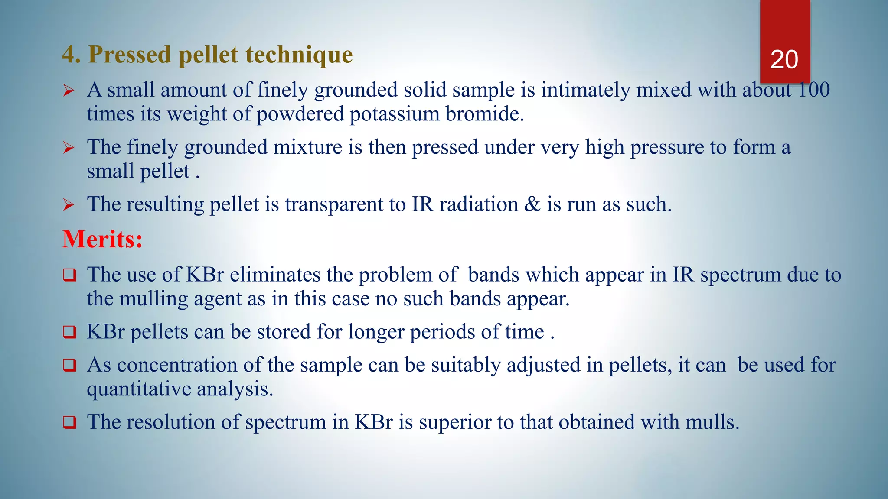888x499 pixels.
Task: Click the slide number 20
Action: coord(784,60)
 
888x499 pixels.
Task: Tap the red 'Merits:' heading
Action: coord(102,239)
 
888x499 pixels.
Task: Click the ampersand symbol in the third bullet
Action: coord(532,204)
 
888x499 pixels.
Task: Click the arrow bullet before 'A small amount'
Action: coord(69,91)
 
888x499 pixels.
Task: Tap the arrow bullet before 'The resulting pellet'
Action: coord(69,204)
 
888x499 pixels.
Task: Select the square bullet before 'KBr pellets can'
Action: coord(69,332)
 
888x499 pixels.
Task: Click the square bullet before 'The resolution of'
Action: coord(69,422)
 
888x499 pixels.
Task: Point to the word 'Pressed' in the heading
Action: coord(130,55)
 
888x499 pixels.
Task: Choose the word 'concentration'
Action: coord(177,365)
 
